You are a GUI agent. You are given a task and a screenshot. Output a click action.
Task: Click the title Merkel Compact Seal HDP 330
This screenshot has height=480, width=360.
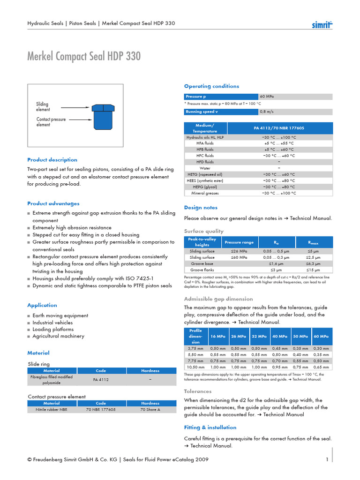[84, 57]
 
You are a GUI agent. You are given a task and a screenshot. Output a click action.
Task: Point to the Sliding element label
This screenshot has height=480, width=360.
[43, 107]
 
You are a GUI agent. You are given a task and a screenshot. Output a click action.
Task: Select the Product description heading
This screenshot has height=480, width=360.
[52, 160]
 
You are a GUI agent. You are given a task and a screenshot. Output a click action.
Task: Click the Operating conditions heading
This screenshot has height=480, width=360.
[211, 86]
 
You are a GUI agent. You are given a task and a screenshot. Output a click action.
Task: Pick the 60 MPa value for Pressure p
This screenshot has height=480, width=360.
[267, 97]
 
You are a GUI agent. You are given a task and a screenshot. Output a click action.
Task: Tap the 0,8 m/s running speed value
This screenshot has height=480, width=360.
[267, 112]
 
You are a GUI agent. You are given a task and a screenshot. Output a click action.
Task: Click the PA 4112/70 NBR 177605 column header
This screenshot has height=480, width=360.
[279, 128]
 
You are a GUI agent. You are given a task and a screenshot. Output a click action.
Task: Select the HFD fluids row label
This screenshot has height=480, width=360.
[205, 162]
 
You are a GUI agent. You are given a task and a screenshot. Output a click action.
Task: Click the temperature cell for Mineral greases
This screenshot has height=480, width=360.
[279, 193]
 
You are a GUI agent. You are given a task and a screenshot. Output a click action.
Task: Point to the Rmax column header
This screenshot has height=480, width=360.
[313, 242]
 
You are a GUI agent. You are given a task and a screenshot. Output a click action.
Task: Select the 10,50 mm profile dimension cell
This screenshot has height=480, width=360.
[195, 367]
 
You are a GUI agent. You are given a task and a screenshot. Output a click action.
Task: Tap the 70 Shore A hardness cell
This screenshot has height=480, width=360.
[150, 409]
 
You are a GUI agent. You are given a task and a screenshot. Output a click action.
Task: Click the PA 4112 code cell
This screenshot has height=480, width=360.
[101, 380]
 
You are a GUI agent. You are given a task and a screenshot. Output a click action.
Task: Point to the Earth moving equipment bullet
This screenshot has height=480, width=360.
[60, 315]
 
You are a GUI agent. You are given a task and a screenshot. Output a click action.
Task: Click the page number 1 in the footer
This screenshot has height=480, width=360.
[327, 460]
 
